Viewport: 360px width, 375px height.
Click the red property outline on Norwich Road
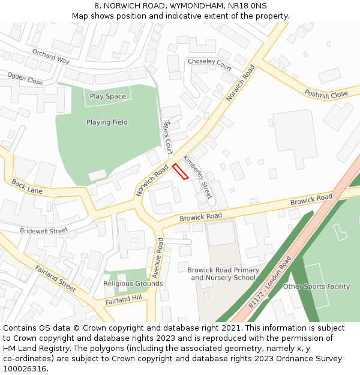(180, 171)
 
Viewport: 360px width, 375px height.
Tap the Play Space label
(108, 97)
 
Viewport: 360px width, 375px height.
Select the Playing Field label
(107, 122)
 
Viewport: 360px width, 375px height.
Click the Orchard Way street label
(51, 56)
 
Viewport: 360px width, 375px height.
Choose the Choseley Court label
(209, 62)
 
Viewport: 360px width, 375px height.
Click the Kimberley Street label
(198, 178)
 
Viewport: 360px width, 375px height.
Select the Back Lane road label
(27, 187)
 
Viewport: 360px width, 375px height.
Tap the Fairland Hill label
(123, 299)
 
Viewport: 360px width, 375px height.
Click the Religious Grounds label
(133, 284)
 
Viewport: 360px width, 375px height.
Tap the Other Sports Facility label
(316, 287)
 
